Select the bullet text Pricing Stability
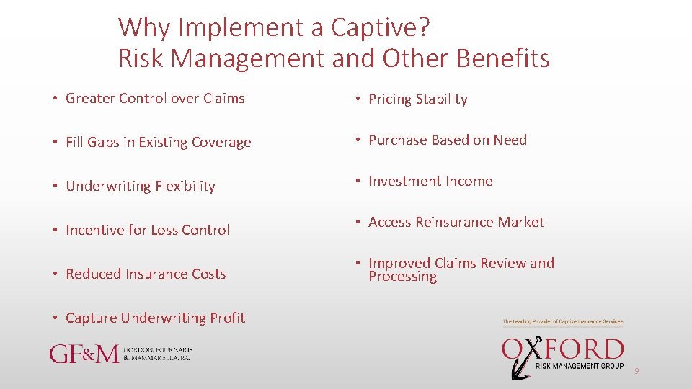pos(417,99)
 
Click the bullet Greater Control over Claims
pos(155,99)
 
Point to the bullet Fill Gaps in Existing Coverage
pos(158,143)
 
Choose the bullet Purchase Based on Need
pos(447,140)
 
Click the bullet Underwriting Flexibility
pos(140,187)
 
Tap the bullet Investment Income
pos(430,182)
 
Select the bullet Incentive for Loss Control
pos(147,231)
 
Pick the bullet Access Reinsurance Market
pos(456,223)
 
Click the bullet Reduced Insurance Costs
pos(146,274)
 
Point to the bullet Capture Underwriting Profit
pos(155,318)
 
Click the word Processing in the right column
pos(402,277)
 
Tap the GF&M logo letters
pos(84,354)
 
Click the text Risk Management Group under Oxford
pos(580,367)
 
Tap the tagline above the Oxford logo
pos(562,322)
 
